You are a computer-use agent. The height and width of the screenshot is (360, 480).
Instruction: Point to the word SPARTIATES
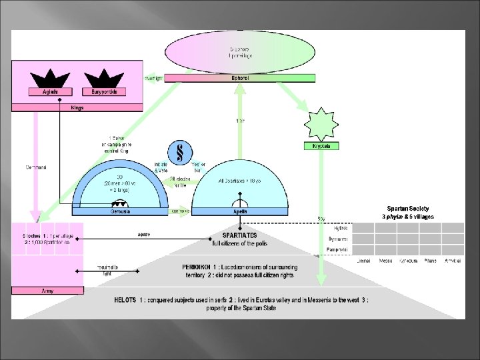239,235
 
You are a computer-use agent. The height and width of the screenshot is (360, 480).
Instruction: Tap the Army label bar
47,290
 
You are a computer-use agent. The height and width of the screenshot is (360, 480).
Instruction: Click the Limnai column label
364,261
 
